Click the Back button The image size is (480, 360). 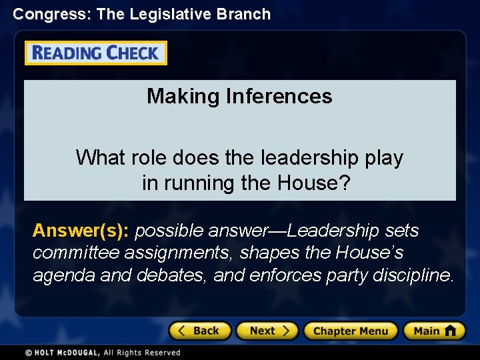(199, 331)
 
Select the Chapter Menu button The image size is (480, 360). (350, 331)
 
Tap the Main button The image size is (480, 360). (433, 331)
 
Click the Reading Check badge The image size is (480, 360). (96, 53)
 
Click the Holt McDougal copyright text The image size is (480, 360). (103, 352)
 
